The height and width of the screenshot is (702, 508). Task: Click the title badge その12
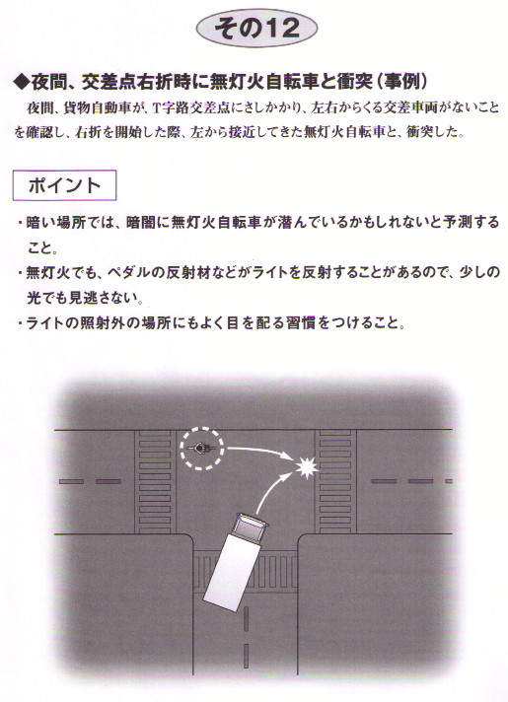tap(256, 28)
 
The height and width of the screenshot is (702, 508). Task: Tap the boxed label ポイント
tap(64, 185)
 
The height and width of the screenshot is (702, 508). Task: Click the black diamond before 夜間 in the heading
tap(22, 82)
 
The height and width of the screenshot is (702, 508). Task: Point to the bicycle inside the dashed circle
tap(202, 448)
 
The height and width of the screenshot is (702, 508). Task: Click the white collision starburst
tap(307, 468)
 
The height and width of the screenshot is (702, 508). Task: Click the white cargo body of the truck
tap(230, 570)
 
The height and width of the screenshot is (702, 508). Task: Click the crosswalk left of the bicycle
tap(154, 482)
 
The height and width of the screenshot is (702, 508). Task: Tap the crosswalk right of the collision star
tap(335, 482)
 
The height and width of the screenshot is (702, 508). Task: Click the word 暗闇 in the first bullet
tap(141, 222)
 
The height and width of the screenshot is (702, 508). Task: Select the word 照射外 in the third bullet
tap(100, 322)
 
